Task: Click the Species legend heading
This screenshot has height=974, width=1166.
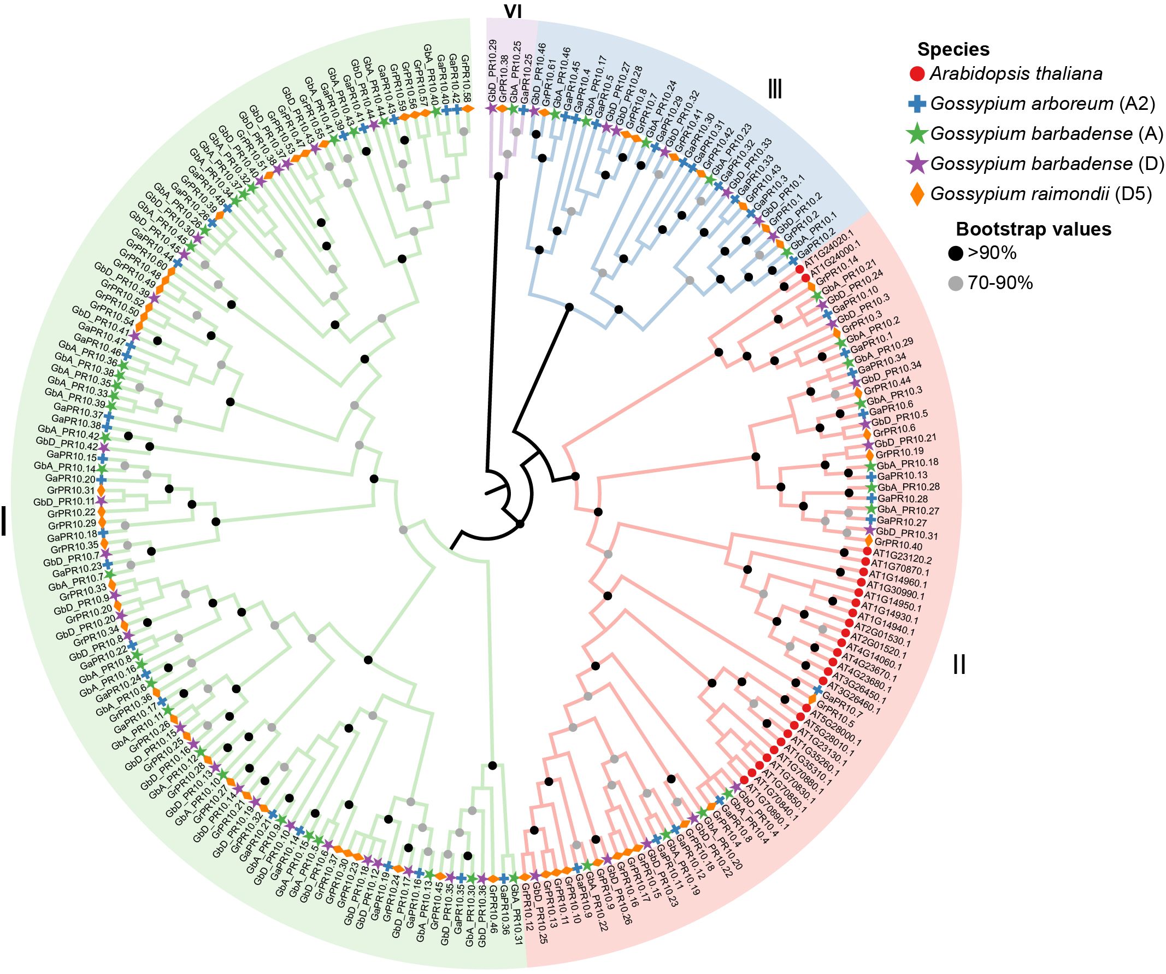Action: tap(953, 50)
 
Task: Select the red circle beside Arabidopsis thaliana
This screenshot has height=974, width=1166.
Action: tap(918, 74)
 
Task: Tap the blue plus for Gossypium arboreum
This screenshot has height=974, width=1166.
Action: tap(918, 104)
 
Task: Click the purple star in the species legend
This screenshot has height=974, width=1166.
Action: tap(918, 164)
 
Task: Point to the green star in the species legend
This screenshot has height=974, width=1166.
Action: tap(918, 134)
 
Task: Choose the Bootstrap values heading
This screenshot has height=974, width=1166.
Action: tap(1033, 230)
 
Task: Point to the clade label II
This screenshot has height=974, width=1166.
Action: tap(959, 664)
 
